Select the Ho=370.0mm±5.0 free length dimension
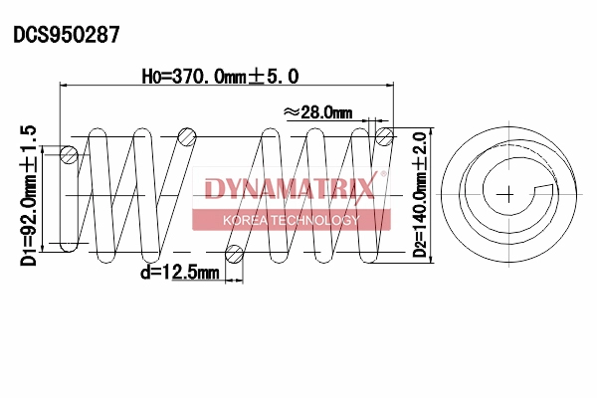(x=221, y=76)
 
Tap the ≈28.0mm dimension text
(x=318, y=112)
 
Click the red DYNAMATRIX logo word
(x=289, y=188)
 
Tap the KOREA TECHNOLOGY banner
(x=291, y=219)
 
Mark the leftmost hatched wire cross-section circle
(x=69, y=154)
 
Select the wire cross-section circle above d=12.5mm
(x=235, y=253)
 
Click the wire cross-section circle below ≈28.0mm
(x=382, y=135)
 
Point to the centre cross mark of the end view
(x=508, y=191)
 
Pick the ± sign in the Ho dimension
(x=266, y=76)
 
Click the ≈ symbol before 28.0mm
(x=291, y=112)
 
